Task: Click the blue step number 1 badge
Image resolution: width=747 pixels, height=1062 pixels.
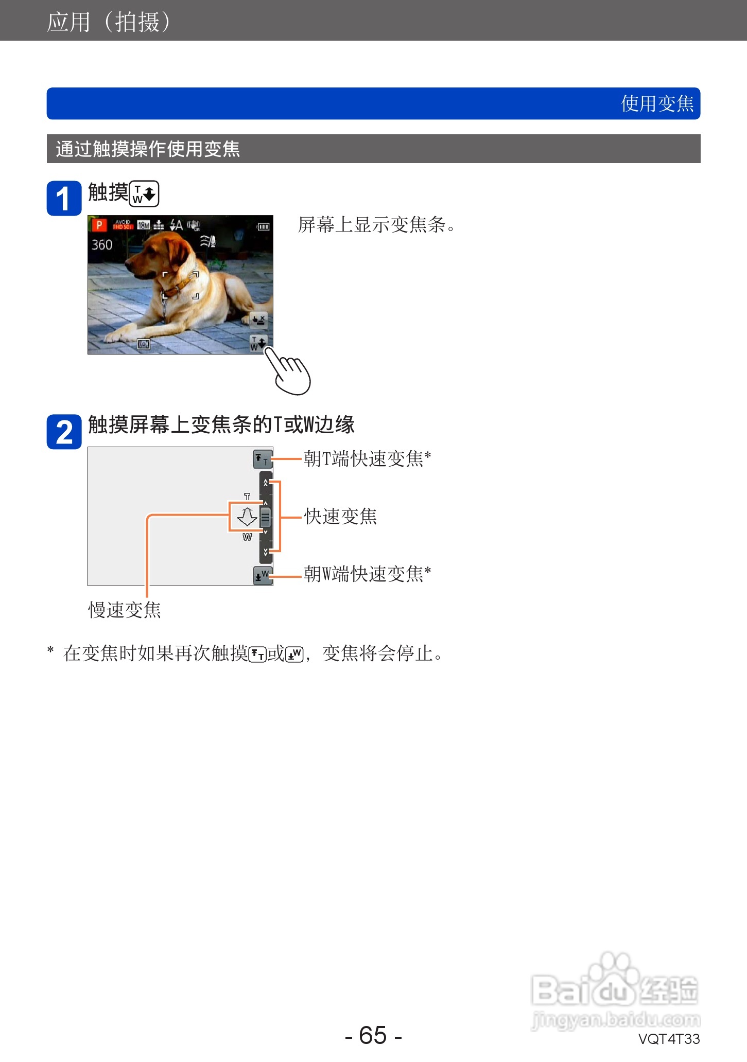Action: coord(64,198)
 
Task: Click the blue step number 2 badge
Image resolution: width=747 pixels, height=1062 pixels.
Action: coord(64,432)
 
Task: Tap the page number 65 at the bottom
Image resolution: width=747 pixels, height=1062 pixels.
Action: coord(373,1035)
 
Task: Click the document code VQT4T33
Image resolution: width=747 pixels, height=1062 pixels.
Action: coord(669,1039)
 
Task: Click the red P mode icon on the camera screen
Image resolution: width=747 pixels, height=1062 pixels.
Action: coord(98,225)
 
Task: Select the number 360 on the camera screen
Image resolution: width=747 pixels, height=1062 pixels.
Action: coord(102,245)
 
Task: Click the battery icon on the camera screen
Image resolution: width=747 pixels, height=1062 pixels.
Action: coord(263,226)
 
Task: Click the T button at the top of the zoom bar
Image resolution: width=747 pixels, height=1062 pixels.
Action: coord(262,458)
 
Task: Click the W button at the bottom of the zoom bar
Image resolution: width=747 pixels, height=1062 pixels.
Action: coord(262,575)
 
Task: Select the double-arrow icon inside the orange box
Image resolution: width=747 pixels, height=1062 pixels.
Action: coord(247,516)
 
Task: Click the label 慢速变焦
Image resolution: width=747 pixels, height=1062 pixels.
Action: coord(125,610)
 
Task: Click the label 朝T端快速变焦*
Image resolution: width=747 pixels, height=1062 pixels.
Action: coord(367,458)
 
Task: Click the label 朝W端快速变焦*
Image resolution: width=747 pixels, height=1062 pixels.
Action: coord(367,574)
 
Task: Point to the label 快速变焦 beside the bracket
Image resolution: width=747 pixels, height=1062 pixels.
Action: coord(340,517)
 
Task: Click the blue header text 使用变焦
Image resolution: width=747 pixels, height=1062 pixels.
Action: coord(657,104)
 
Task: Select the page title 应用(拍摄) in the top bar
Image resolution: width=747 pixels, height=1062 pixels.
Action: coord(109,22)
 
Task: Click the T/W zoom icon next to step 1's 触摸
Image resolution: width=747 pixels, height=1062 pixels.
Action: coord(144,193)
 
